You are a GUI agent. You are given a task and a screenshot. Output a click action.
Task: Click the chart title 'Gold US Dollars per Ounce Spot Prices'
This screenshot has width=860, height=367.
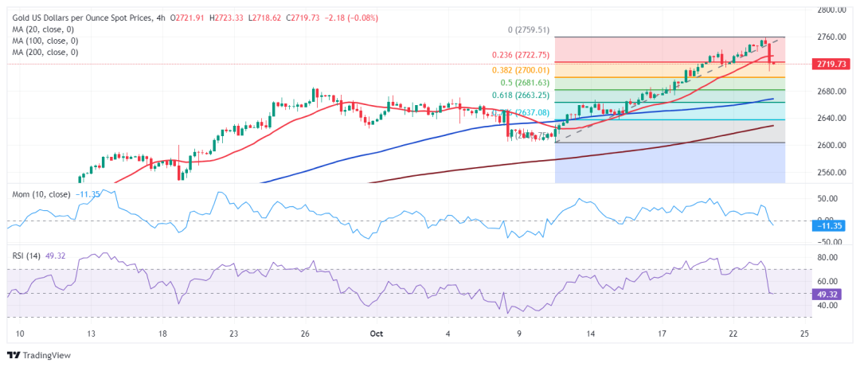84,18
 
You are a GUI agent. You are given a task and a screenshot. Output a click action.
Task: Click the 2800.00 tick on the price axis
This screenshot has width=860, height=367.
831,10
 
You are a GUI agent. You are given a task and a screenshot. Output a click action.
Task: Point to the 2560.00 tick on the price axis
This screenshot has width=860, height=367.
831,172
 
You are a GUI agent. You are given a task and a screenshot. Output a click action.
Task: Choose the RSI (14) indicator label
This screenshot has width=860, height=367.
25,256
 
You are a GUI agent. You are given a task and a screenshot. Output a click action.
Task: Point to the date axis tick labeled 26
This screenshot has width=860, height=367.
304,334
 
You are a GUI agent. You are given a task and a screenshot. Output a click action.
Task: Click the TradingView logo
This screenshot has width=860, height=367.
38,355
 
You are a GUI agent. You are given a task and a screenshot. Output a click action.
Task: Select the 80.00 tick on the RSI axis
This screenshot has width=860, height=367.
828,258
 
